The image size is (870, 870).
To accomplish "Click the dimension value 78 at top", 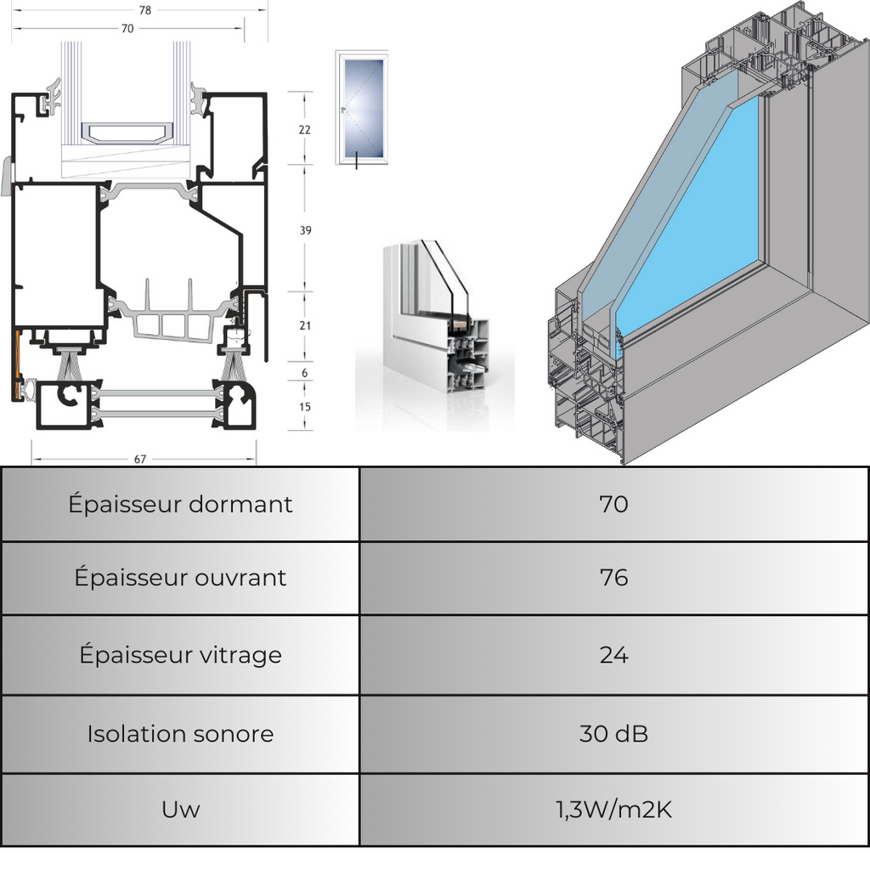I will tap(144, 10).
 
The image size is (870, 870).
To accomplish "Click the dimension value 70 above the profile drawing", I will tap(127, 28).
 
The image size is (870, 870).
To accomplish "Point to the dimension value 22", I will tap(304, 130).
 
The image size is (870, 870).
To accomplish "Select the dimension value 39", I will tap(304, 230).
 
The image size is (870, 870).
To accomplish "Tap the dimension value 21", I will tap(305, 325).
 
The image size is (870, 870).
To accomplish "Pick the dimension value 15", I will tap(305, 407).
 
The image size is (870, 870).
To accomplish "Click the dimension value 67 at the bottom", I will tap(140, 460).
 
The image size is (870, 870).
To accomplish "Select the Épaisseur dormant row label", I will tap(180, 505).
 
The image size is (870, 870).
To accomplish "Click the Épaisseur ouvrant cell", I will tap(180, 578).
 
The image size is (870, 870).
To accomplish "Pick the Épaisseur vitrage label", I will tap(180, 655).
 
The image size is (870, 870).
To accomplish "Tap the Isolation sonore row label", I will tap(180, 734).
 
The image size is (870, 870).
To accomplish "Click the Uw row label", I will tap(180, 810).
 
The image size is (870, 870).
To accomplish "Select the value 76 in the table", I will tap(613, 578).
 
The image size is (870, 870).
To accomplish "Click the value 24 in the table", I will tap(613, 655).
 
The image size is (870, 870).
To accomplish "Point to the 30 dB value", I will tap(613, 734).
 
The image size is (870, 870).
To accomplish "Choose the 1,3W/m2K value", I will tap(613, 810).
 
